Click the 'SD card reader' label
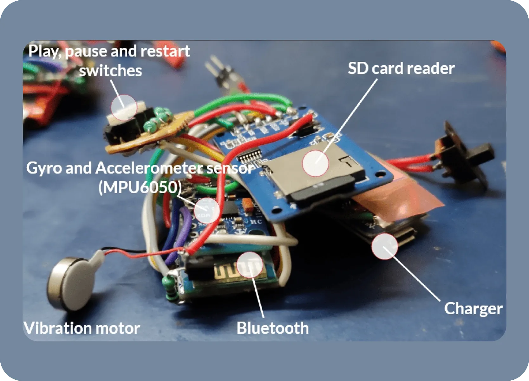click(401, 68)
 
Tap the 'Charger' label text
click(473, 308)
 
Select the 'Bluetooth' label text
click(272, 328)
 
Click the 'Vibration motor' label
click(82, 328)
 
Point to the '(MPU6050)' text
click(140, 187)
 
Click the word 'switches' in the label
click(110, 71)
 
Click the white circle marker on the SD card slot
click(315, 163)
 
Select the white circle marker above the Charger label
click(384, 246)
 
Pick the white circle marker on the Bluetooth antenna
click(250, 265)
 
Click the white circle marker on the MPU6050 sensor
click(207, 210)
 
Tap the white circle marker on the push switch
click(124, 107)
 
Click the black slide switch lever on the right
click(482, 152)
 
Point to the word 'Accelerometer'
click(149, 168)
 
